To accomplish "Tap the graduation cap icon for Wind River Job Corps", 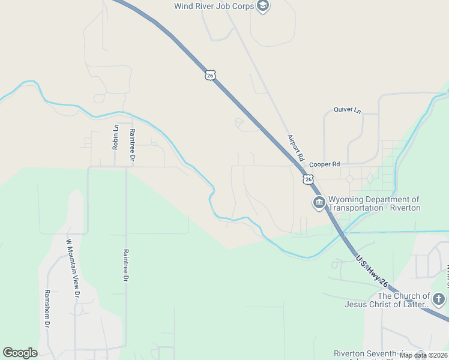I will tap(262, 6).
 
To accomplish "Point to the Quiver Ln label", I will tap(348, 110).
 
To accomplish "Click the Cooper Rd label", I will tap(325, 164).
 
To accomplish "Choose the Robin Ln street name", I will tap(116, 137).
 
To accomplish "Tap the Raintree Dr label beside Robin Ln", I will tap(132, 145).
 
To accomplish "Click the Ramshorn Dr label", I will tap(47, 308).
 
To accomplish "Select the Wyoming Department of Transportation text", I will tap(373, 200).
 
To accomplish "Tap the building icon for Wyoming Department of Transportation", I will tap(319, 203).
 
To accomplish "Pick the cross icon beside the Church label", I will tap(439, 299).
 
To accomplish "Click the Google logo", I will tap(20, 353).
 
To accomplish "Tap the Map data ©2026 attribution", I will tap(423, 355).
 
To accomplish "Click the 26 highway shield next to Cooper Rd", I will tap(309, 179).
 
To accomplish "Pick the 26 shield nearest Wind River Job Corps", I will tap(209, 74).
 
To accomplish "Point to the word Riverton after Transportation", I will tap(402, 208).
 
